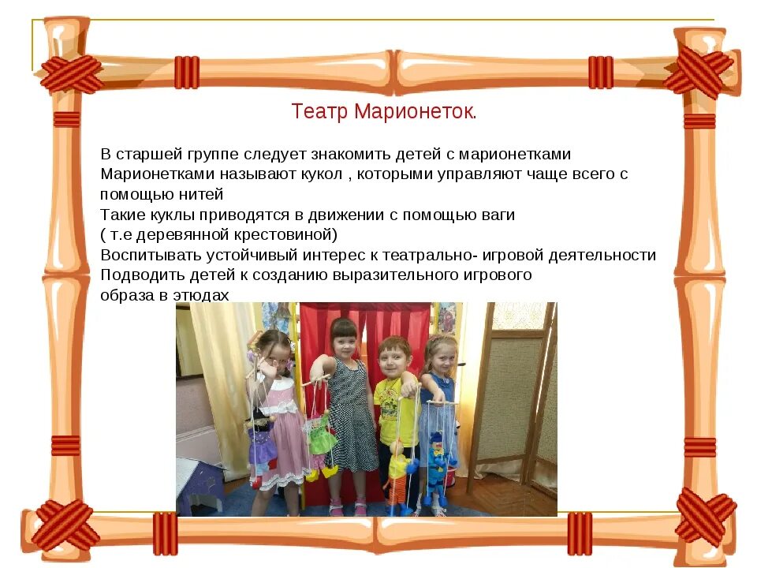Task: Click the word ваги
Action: [x=496, y=215]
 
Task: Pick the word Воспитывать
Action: [x=151, y=255]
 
